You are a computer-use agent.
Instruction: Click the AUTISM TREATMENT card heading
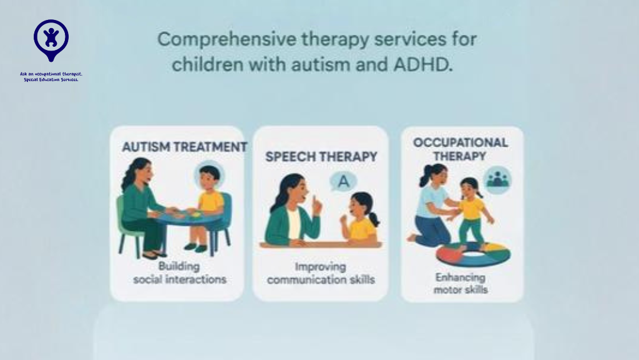click(184, 147)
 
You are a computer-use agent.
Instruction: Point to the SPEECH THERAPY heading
click(321, 157)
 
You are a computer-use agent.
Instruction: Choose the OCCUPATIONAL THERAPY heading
click(461, 149)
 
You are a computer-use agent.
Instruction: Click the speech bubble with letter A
click(342, 182)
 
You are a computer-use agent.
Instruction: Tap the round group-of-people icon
click(497, 179)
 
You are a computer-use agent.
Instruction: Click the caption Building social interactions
click(179, 273)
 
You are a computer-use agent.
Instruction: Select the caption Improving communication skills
click(321, 273)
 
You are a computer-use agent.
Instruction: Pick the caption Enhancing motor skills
click(462, 283)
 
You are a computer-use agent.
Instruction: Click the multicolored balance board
click(473, 253)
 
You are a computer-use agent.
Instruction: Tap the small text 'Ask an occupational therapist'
click(51, 74)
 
